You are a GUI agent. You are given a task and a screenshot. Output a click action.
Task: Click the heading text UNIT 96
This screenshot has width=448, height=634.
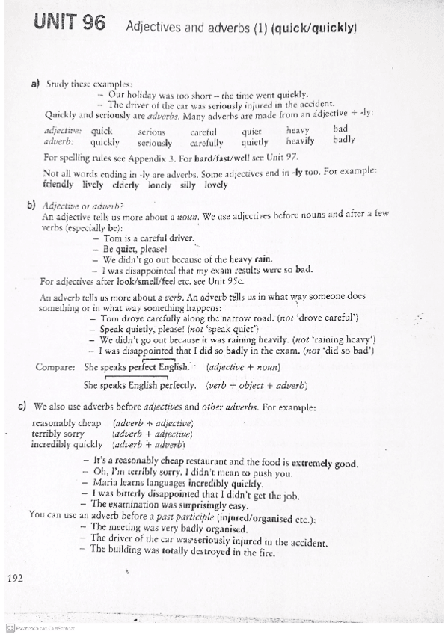[x=70, y=25]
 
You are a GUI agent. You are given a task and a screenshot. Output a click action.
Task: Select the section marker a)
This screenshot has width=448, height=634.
[x=35, y=84]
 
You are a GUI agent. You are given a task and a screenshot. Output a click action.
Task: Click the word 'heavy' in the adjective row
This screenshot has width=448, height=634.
[x=298, y=130]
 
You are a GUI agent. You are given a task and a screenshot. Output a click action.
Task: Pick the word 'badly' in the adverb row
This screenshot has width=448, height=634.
[x=344, y=139]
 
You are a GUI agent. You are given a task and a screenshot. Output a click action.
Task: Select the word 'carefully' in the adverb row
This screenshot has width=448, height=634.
[x=206, y=142]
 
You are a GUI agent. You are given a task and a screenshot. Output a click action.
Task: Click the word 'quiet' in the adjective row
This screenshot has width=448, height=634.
[x=251, y=131]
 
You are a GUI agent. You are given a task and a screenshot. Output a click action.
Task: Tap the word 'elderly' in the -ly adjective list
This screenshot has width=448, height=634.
[x=125, y=184]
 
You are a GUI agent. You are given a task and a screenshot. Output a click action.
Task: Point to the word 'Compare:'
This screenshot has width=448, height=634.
[x=55, y=367]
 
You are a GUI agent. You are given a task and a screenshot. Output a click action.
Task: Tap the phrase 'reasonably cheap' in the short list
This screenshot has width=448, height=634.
[x=65, y=423]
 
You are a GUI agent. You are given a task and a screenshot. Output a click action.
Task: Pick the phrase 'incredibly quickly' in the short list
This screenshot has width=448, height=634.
[x=66, y=444]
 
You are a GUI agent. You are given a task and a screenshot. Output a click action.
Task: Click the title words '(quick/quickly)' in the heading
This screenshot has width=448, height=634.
[x=314, y=29]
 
